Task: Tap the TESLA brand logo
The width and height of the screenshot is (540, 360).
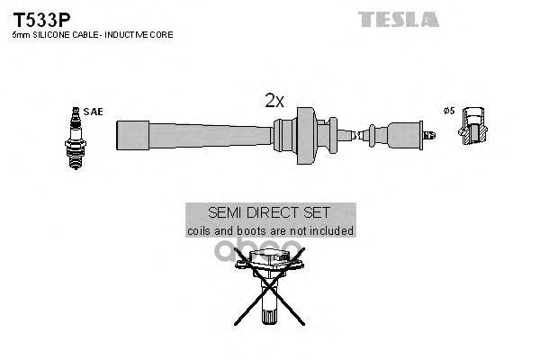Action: pyautogui.click(x=398, y=19)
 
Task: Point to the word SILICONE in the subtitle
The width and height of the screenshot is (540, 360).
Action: pyautogui.click(x=50, y=34)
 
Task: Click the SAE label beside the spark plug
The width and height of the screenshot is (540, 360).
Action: pyautogui.click(x=93, y=112)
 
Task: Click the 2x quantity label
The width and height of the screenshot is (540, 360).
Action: pyautogui.click(x=274, y=102)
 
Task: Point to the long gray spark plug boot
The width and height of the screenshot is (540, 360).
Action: pyautogui.click(x=194, y=135)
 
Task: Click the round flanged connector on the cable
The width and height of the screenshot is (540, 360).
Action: pyautogui.click(x=304, y=135)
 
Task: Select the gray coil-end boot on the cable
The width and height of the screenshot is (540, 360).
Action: pyautogui.click(x=400, y=135)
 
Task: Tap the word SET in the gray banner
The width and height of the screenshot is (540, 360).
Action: pyautogui.click(x=319, y=213)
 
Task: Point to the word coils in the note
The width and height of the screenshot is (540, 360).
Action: pyautogui.click(x=200, y=231)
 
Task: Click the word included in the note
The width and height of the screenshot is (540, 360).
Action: pyautogui.click(x=329, y=231)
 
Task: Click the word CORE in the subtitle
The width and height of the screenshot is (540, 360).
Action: pyautogui.click(x=161, y=34)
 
